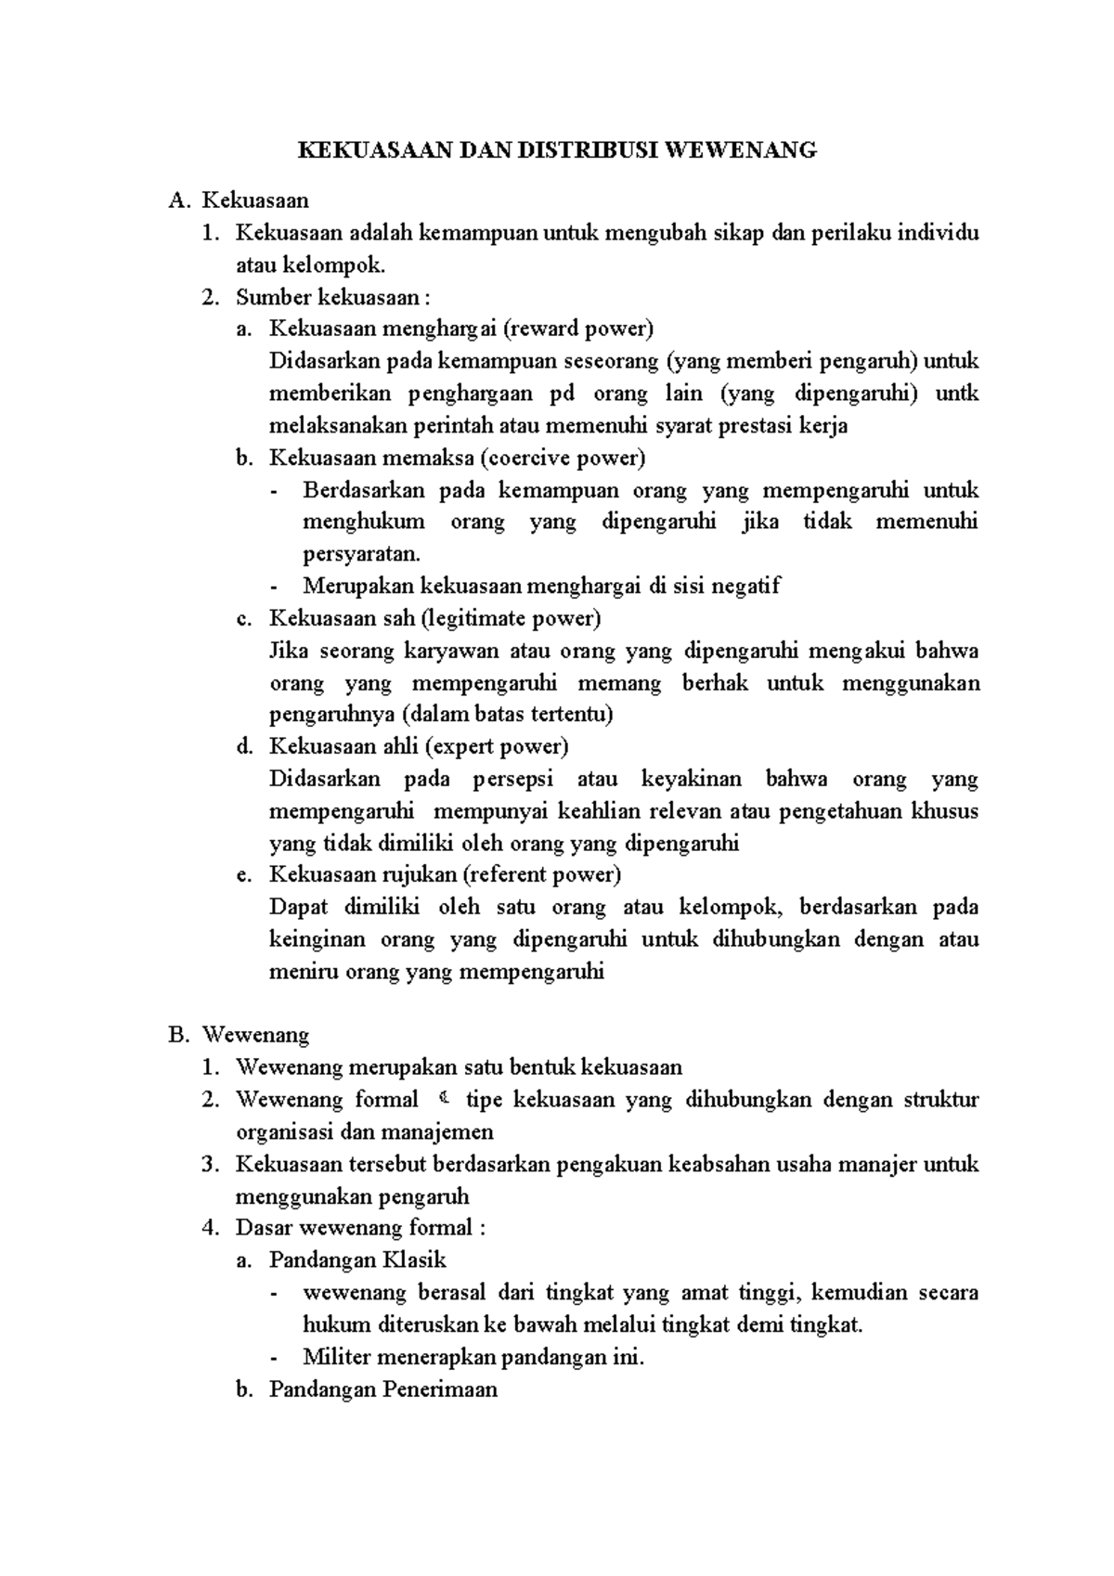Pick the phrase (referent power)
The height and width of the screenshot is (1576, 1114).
pyautogui.click(x=542, y=874)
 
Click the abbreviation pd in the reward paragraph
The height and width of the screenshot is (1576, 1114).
pyautogui.click(x=562, y=394)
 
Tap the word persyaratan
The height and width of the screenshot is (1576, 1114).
pyautogui.click(x=361, y=554)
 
